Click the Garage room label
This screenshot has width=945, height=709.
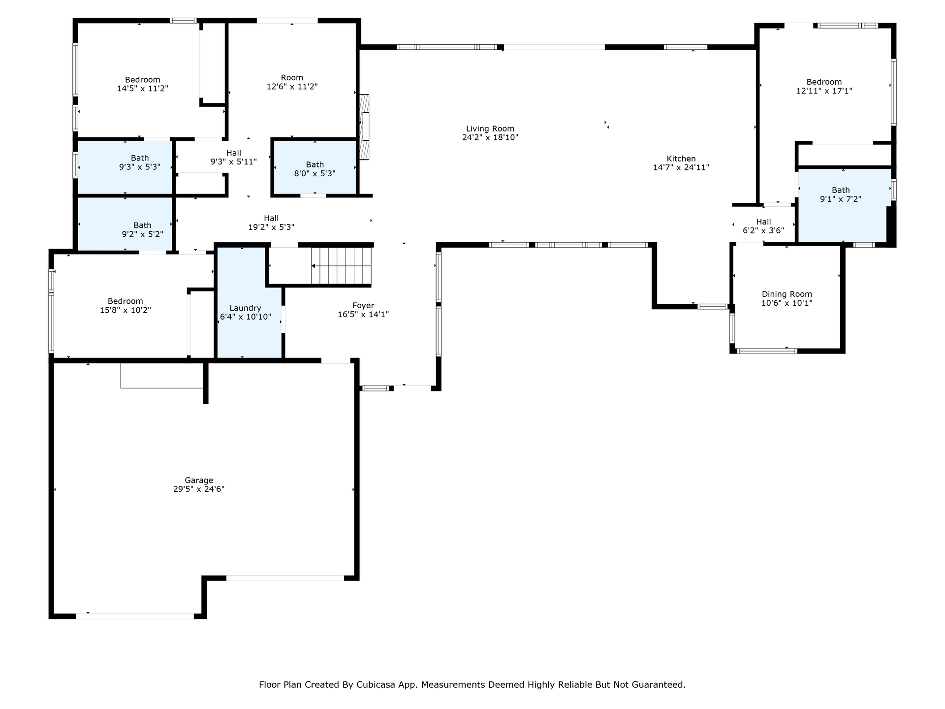[x=199, y=480]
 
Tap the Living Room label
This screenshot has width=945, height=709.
[x=490, y=129]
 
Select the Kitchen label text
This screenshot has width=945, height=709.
[x=681, y=159]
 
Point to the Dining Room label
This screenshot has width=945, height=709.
[x=787, y=294]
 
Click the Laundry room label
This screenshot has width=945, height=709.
[x=245, y=308]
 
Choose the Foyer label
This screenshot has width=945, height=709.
[x=363, y=306]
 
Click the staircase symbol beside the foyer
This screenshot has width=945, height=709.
[x=341, y=266]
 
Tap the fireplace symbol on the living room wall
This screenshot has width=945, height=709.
[x=364, y=127]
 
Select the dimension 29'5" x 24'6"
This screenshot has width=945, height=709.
[x=199, y=489]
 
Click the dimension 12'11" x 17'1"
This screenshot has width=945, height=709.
[x=824, y=91]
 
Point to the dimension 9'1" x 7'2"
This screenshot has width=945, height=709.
[x=841, y=199]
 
